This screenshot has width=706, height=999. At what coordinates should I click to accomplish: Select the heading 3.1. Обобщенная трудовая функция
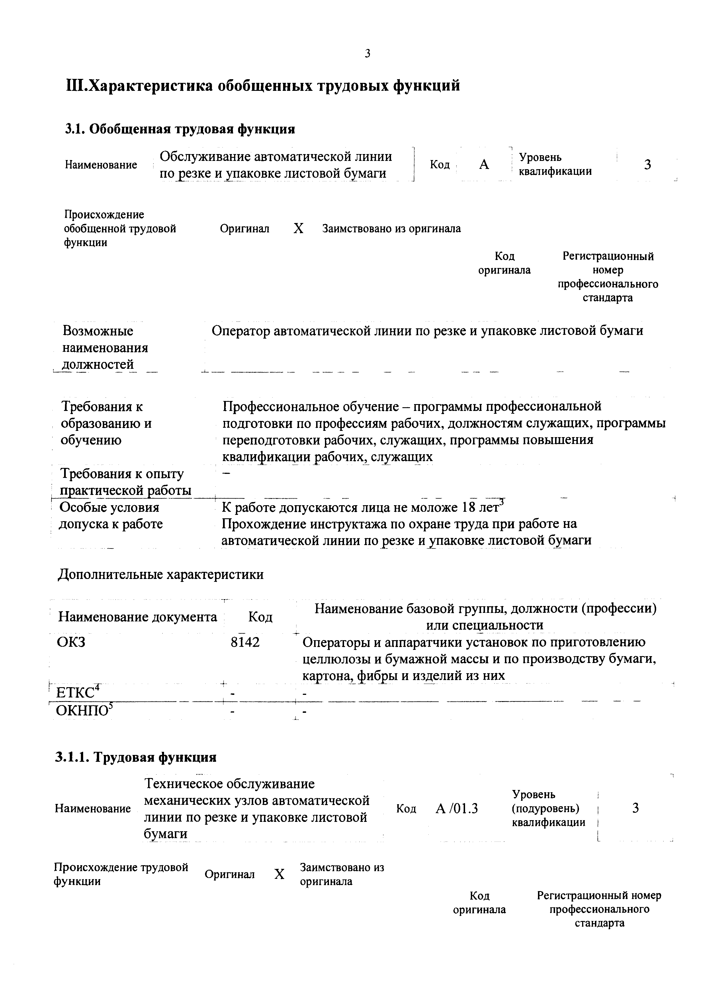point(180,129)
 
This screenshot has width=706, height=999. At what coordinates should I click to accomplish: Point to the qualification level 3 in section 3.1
point(647,165)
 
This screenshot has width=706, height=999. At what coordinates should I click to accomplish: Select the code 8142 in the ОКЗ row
point(245,642)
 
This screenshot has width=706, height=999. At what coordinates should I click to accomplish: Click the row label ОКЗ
point(71,642)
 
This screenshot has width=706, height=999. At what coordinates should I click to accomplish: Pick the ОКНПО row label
point(84,711)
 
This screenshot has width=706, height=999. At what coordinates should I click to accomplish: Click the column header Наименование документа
point(138,617)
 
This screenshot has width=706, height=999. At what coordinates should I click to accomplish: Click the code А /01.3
point(457,809)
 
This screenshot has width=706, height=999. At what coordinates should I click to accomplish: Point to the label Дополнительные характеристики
point(161,575)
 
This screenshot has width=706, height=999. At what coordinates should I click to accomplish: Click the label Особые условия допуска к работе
point(111,516)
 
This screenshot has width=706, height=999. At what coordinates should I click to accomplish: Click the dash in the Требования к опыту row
point(226,473)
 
